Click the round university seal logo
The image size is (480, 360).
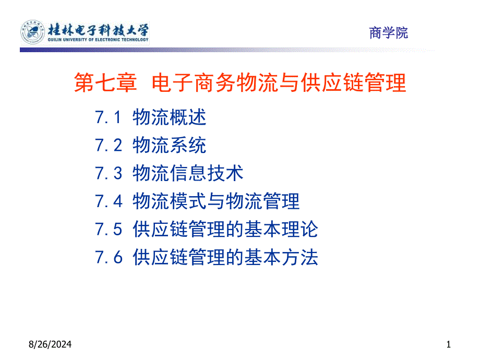pyautogui.click(x=32, y=32)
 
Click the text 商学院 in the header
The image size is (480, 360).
pyautogui.click(x=389, y=33)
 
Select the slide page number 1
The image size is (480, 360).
pyautogui.click(x=448, y=344)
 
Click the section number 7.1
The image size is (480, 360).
pyautogui.click(x=108, y=117)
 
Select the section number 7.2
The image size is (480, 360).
pyautogui.click(x=108, y=145)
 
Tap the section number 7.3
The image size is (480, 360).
pyautogui.click(x=108, y=173)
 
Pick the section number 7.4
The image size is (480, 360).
pyautogui.click(x=108, y=201)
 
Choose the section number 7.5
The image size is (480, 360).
pyautogui.click(x=108, y=230)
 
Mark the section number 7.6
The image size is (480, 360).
pyautogui.click(x=108, y=258)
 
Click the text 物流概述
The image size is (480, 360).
pyautogui.click(x=170, y=117)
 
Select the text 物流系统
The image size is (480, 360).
pyautogui.click(x=170, y=145)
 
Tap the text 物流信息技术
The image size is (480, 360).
pyautogui.click(x=188, y=173)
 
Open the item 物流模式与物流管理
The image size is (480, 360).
pyautogui.click(x=216, y=201)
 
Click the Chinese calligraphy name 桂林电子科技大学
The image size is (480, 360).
pyautogui.click(x=98, y=28)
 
